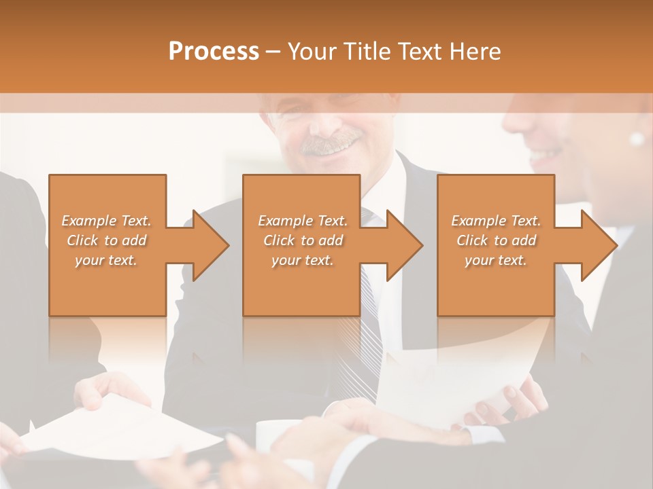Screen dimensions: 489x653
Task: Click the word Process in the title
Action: click(214, 51)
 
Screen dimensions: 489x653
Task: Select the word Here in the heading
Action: click(474, 51)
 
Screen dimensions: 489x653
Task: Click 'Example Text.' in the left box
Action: click(106, 221)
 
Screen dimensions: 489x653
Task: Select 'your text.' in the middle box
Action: click(302, 260)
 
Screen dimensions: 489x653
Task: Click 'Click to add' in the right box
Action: click(496, 240)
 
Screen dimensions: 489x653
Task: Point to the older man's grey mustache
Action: click(331, 143)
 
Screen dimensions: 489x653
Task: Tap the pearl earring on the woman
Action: click(637, 139)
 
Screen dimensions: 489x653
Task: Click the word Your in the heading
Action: click(311, 51)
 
